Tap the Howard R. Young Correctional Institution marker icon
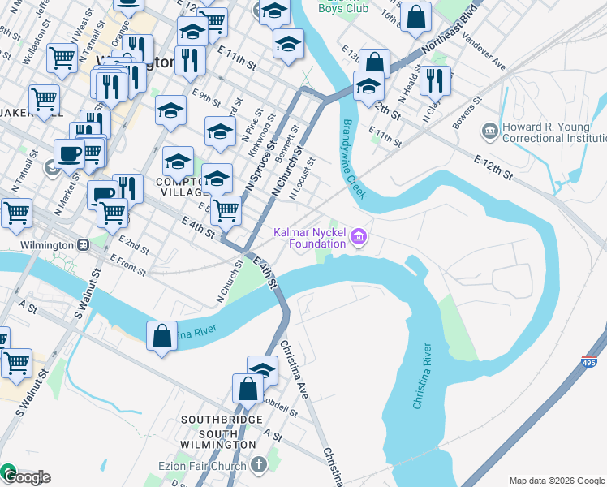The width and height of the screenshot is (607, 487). tap(489, 131)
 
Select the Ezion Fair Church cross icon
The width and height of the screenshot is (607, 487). tap(259, 465)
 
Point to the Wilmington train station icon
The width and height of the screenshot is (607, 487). tap(83, 244)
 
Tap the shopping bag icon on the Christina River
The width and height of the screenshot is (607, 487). tap(161, 337)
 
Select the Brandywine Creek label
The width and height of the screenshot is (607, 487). tap(354, 159)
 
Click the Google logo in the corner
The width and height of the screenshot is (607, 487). tap(26, 476)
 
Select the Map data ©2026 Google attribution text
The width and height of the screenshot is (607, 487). tap(556, 481)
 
